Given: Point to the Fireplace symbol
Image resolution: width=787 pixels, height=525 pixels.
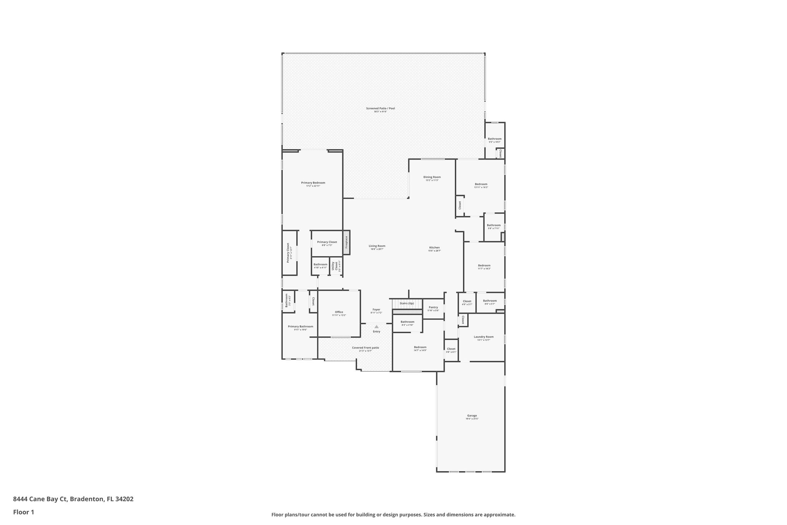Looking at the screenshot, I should tap(346, 242).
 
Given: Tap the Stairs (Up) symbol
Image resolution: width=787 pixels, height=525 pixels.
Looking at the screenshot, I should tap(407, 303).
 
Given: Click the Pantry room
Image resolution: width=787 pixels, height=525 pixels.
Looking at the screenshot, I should tap(433, 308).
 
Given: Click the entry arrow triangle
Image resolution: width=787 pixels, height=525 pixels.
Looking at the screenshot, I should tap(376, 327).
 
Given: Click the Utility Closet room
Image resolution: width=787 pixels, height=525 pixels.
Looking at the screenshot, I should tap(336, 266).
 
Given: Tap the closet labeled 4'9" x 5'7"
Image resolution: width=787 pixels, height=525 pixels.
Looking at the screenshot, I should tap(467, 302).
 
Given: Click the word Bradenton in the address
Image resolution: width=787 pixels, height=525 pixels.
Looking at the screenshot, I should tap(87, 499).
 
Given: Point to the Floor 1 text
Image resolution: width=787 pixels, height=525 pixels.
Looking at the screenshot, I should tap(23, 512).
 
